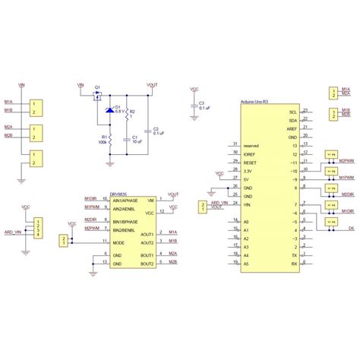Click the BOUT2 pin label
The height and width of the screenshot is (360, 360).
point(147,262)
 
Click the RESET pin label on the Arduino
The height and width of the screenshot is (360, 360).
point(251,163)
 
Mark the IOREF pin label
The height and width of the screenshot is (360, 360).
point(251,153)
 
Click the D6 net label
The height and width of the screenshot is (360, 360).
point(351,226)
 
